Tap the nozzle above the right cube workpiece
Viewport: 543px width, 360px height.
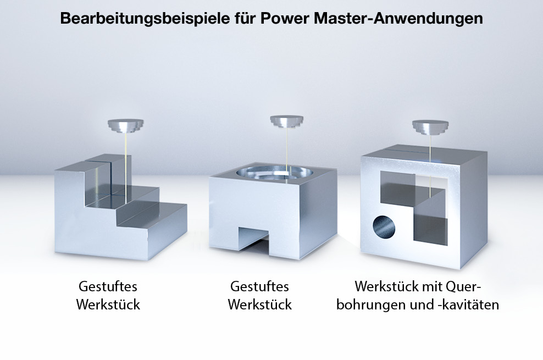tap(430, 127)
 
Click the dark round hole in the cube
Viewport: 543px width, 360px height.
tap(384, 227)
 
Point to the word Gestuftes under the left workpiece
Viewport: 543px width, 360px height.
tap(108, 286)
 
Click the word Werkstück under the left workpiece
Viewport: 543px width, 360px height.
tap(108, 304)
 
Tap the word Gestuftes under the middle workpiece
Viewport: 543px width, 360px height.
tap(259, 286)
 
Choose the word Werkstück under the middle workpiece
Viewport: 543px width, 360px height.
tap(260, 304)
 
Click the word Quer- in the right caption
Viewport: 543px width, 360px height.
tap(463, 286)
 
